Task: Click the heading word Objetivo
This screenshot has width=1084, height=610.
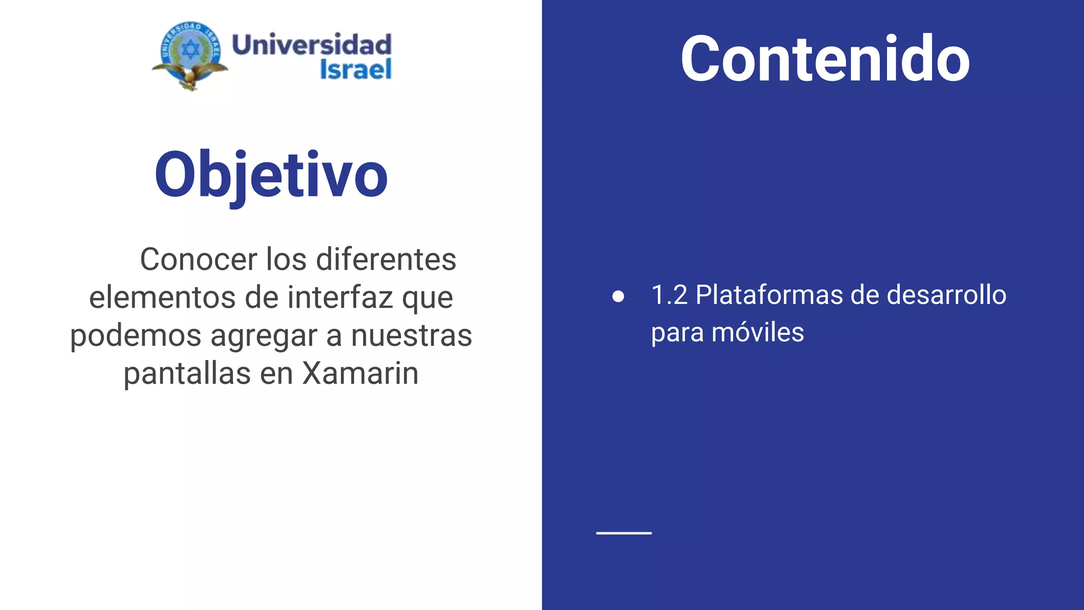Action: click(x=271, y=175)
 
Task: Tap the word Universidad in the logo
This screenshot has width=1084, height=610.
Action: click(x=312, y=44)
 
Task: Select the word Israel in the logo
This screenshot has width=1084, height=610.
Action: click(x=356, y=69)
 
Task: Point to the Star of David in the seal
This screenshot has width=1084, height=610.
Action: click(x=191, y=50)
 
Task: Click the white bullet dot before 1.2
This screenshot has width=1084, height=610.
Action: click(x=618, y=297)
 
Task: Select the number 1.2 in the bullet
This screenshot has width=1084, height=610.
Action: click(x=669, y=295)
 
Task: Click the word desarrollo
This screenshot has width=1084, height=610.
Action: click(x=946, y=295)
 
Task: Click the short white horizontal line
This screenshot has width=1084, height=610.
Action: click(x=624, y=533)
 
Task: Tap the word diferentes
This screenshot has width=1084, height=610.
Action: click(x=386, y=259)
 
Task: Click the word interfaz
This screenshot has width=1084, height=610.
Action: click(x=340, y=297)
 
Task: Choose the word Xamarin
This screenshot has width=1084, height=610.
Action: click(x=360, y=373)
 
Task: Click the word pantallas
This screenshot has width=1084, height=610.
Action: click(x=187, y=373)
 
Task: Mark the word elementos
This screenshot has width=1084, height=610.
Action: click(x=162, y=297)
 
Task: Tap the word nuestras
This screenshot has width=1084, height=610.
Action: click(x=411, y=336)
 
